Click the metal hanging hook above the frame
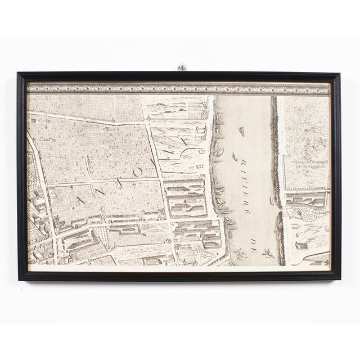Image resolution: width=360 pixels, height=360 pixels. tap(182, 67)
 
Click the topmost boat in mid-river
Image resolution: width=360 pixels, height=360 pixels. tap(242, 132)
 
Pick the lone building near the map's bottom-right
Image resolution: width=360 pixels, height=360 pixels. tap(300, 246)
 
